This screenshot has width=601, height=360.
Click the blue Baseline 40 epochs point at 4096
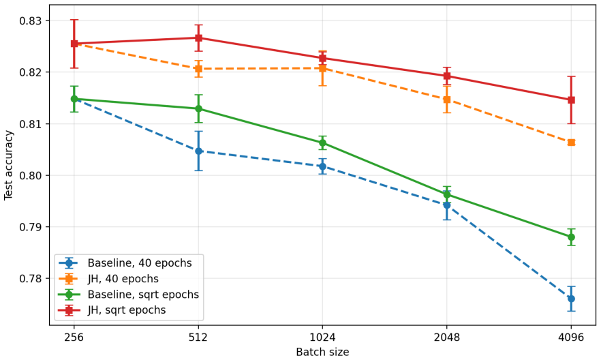571,299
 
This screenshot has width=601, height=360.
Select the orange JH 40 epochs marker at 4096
571,142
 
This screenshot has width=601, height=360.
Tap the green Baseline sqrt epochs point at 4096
571,237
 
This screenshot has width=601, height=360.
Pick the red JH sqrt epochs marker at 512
198,38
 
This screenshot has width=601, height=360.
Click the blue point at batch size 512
198,151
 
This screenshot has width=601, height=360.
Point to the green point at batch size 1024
322,143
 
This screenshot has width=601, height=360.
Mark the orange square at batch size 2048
447,100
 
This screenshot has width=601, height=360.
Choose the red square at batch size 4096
571,100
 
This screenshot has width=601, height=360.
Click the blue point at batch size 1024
322,166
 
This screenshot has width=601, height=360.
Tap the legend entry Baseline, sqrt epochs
129,295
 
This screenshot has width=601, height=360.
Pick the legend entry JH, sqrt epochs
112,310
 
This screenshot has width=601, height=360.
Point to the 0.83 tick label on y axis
30,20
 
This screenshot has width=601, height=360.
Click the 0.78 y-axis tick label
30,278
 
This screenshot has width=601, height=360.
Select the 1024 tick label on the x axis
322,337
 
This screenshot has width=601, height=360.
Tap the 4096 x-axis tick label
571,337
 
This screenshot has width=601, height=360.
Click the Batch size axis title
322,352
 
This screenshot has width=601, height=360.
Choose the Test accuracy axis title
8,165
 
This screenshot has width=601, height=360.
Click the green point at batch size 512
198,109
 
